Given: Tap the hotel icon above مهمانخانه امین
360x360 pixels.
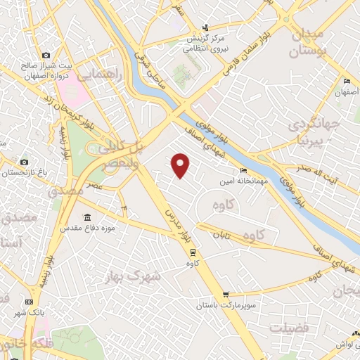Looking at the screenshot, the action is click(244, 171).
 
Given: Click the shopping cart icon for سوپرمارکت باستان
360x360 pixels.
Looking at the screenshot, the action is click(225, 295).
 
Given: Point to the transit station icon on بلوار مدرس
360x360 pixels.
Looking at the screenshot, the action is click(193, 253).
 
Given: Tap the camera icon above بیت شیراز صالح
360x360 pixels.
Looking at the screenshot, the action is click(46, 55).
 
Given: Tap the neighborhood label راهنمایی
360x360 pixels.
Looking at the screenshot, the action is click(103, 74).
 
